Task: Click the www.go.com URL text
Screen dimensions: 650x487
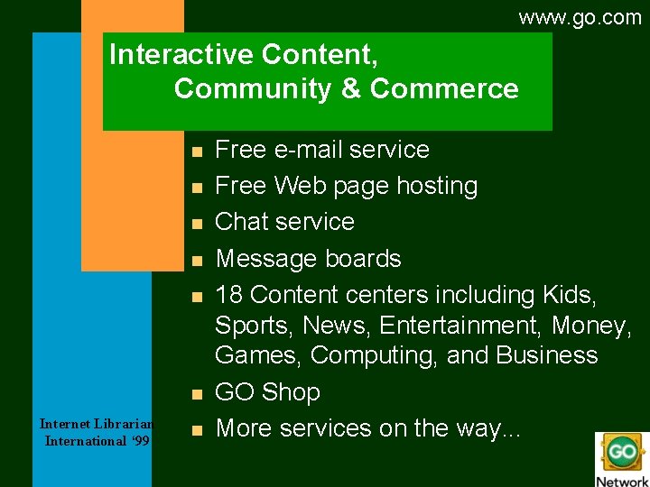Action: click(580, 17)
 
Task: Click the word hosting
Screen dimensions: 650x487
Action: click(435, 187)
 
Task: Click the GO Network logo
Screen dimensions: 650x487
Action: click(622, 459)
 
